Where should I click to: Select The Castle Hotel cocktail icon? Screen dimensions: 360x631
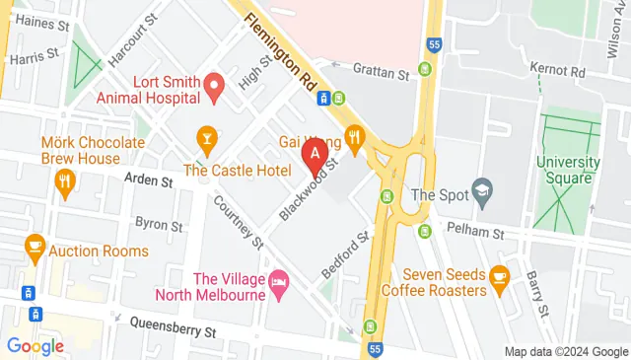tap(206, 136)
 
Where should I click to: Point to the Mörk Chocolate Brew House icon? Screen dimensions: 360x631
tap(65, 180)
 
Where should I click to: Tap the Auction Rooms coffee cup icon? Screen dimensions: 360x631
tap(35, 246)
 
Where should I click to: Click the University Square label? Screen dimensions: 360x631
tap(569, 169)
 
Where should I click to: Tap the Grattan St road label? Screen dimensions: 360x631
tap(382, 73)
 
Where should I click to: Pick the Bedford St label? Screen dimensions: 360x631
tap(344, 255)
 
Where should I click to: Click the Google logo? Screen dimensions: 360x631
tap(35, 345)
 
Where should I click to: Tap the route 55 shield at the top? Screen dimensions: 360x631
tap(435, 45)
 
